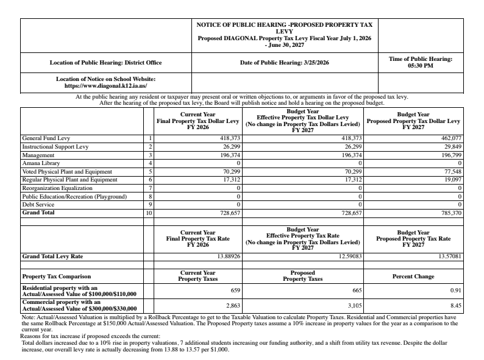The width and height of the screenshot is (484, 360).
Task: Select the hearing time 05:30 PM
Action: (420, 66)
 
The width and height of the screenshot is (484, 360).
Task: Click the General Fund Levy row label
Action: (46, 138)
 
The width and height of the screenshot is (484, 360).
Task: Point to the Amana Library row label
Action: (41, 164)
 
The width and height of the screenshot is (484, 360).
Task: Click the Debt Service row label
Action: (38, 205)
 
